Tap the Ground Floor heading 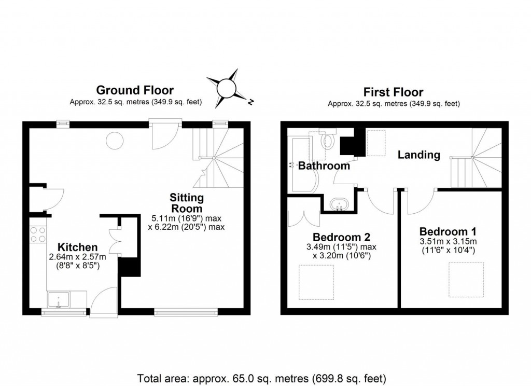pos(135,91)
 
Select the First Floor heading pos(393,92)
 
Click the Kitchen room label pos(77,246)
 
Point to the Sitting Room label pos(187,203)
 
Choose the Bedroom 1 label pos(448,231)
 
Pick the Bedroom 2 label pos(341,237)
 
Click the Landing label pos(419,155)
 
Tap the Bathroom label pos(324,166)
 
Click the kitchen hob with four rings pos(38,235)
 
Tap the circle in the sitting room pos(113,140)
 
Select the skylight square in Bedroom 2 pos(316,282)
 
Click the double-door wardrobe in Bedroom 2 pos(300,215)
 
